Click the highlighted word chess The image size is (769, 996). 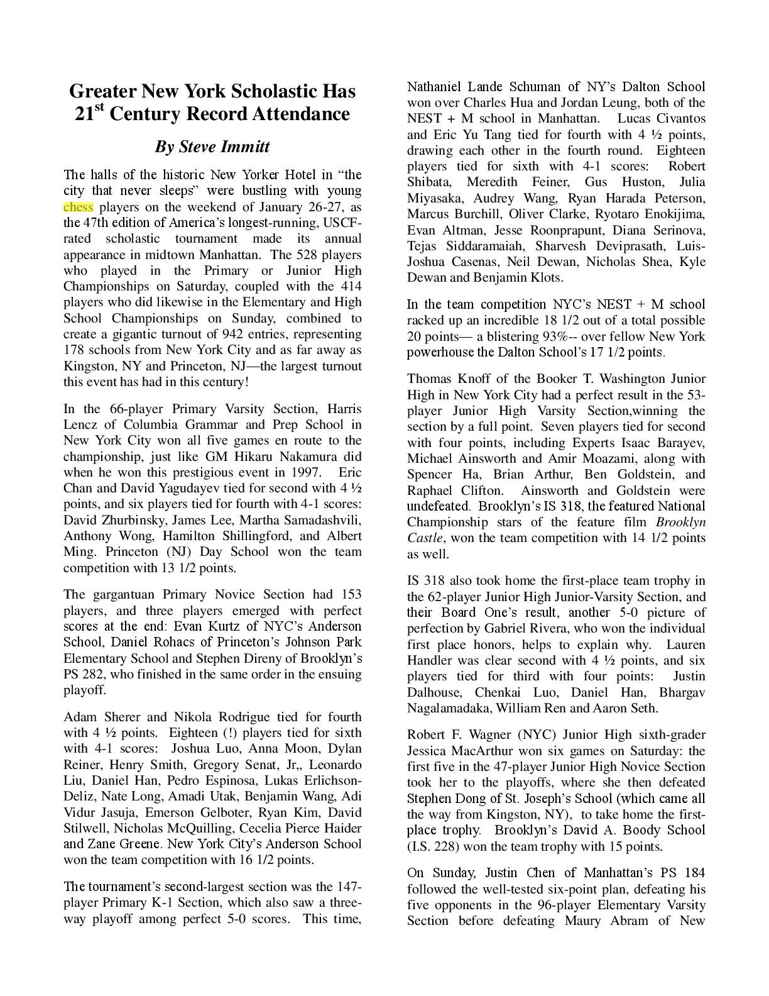click(78, 207)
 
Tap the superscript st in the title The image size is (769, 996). click(99, 108)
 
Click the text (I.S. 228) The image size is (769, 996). click(433, 846)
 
